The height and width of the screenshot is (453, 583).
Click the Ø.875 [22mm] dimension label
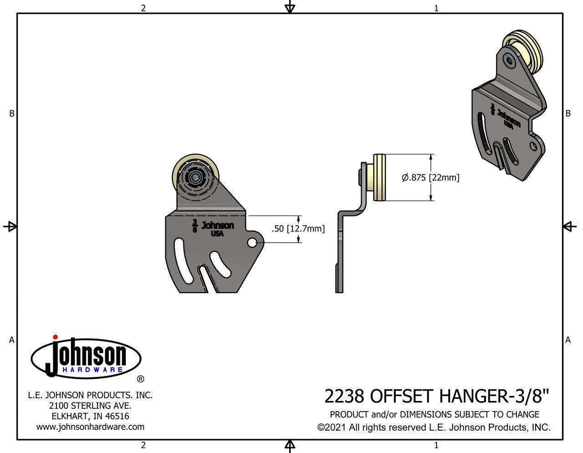[x=430, y=177]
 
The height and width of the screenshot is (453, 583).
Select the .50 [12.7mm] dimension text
[x=298, y=228]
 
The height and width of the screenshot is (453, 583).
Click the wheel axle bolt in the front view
[x=196, y=176]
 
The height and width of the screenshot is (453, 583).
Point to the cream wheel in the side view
[x=379, y=178]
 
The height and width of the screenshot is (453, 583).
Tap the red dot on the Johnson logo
[x=55, y=337]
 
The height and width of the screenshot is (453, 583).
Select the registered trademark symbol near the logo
[x=141, y=379]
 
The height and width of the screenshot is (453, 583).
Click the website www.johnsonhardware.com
[x=90, y=427]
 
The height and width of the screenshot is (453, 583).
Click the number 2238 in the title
[x=344, y=396]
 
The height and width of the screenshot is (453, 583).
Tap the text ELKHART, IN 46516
[x=90, y=416]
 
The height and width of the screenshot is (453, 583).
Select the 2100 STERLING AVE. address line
[x=90, y=405]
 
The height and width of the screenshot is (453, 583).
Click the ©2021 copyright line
[x=434, y=427]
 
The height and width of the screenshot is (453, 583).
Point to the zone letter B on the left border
[x=12, y=113]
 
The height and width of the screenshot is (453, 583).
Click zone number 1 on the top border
[x=436, y=8]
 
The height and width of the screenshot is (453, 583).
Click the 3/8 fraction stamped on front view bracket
[x=195, y=226]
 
